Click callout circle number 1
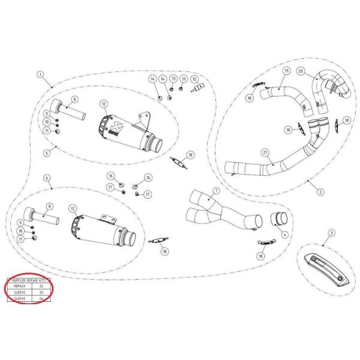(41, 75)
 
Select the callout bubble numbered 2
(320, 192)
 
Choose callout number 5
(46, 153)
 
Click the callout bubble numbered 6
(46, 179)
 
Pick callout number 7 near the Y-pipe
(217, 190)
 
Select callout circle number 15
(194, 79)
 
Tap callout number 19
(286, 71)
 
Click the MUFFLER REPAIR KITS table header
(28, 280)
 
